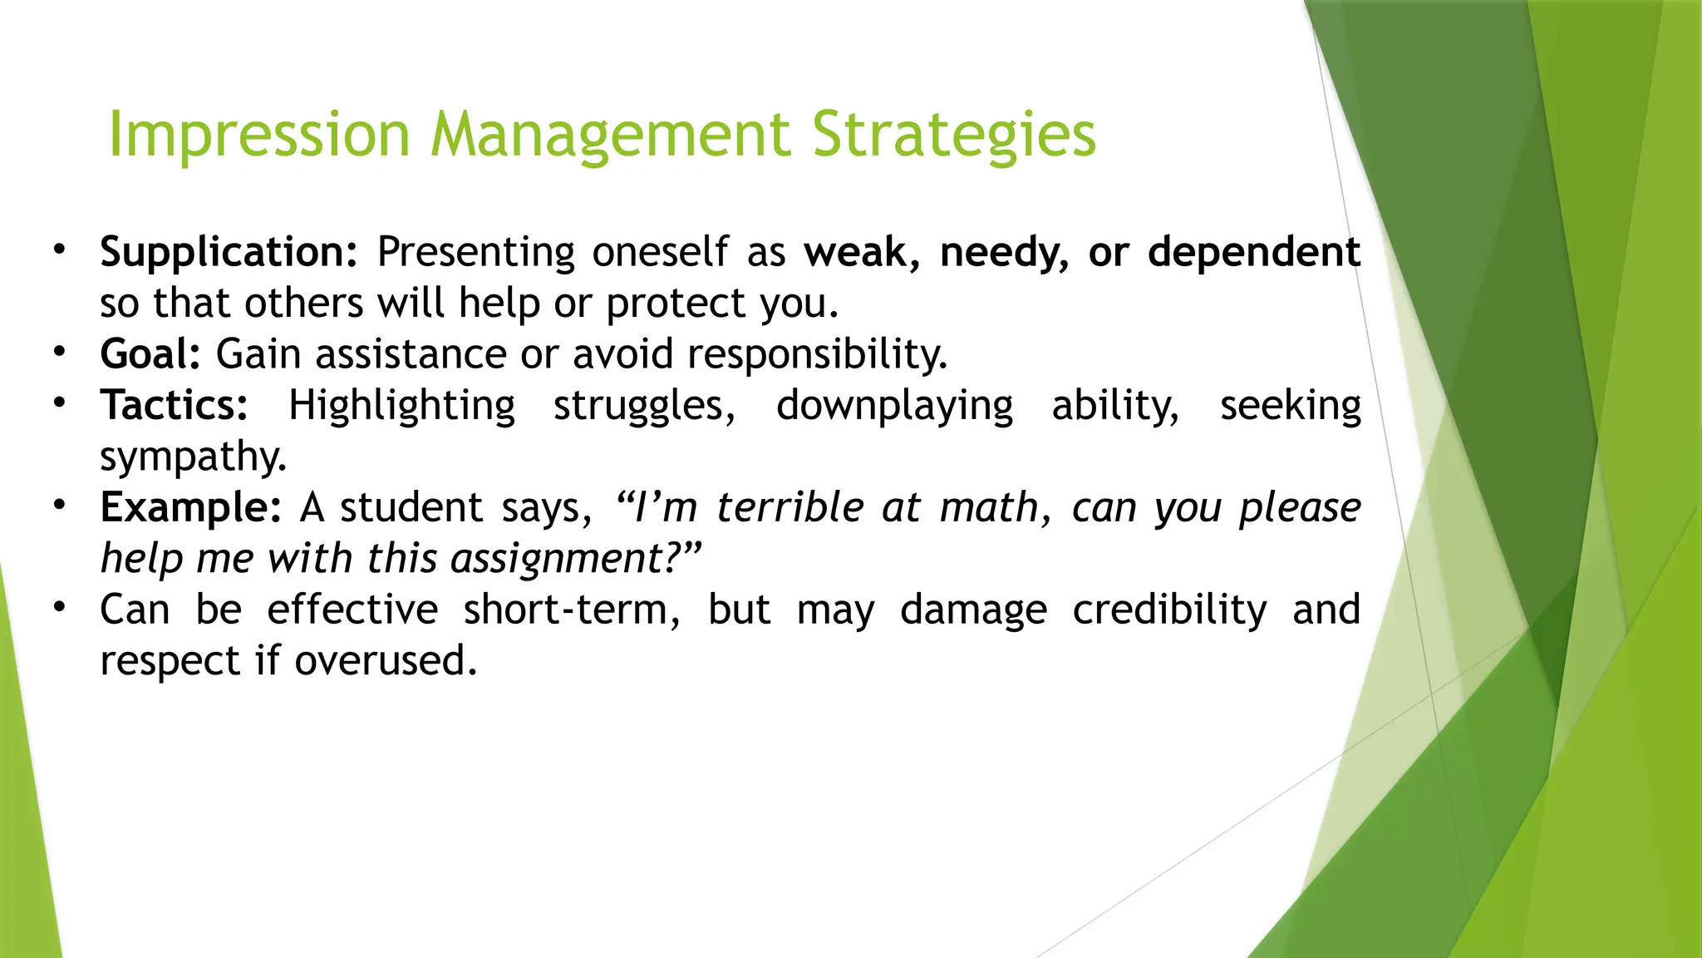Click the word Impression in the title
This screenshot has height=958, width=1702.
pyautogui.click(x=259, y=136)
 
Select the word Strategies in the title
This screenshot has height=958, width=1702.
pyautogui.click(x=953, y=136)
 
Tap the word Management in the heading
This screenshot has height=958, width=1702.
pyautogui.click(x=610, y=136)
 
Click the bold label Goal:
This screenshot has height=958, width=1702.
pyautogui.click(x=150, y=354)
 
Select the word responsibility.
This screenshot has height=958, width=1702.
pyautogui.click(x=817, y=354)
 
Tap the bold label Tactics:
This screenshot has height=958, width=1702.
pyautogui.click(x=174, y=406)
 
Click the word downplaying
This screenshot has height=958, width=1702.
pyautogui.click(x=894, y=406)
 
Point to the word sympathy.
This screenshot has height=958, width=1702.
pyautogui.click(x=193, y=457)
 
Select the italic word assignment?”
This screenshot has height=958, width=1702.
pyautogui.click(x=576, y=559)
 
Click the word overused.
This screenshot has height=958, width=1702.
pyautogui.click(x=386, y=661)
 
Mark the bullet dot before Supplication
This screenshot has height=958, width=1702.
pyautogui.click(x=59, y=249)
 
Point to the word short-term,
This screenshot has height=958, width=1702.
pyautogui.click(x=572, y=610)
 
